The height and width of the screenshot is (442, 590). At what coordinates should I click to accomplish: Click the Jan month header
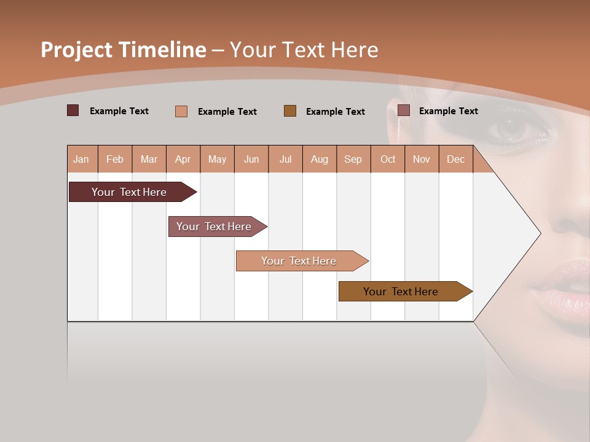81,160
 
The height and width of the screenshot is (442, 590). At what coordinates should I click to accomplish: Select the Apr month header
183,160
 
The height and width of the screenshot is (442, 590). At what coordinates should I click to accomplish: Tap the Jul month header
285,160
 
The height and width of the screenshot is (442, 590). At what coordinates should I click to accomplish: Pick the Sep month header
353,160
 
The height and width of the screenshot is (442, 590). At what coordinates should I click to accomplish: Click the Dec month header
455,160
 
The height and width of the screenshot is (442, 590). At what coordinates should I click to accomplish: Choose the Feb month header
115,160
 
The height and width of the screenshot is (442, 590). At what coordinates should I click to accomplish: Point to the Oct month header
388,160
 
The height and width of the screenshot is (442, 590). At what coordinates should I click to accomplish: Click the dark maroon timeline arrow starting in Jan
129,192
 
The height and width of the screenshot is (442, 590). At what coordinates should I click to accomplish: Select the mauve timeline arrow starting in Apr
214,227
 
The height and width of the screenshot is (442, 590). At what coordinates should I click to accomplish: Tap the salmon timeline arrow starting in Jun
299,261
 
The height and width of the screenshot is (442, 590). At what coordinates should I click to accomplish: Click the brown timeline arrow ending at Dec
401,292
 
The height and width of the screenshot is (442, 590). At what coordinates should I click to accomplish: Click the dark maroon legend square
73,110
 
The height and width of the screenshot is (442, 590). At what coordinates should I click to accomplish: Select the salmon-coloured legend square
181,111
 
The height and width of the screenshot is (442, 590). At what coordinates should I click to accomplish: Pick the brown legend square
290,110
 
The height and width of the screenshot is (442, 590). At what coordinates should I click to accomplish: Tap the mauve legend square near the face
404,110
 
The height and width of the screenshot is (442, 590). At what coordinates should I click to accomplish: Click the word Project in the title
77,50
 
